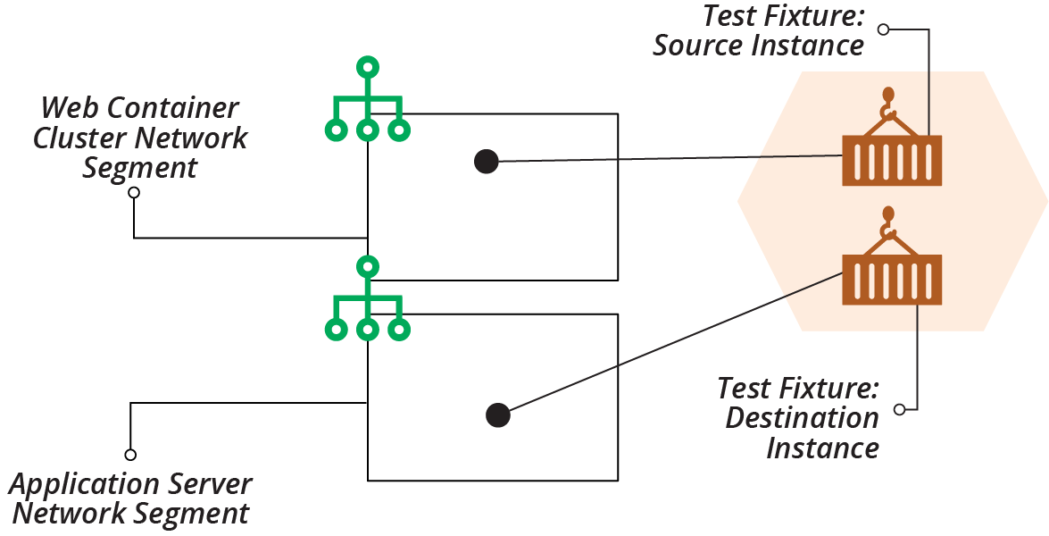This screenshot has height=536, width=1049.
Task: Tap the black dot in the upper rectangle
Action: [486, 161]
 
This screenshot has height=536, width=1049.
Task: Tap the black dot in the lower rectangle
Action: [497, 415]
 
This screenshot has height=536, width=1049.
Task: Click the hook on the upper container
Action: [887, 103]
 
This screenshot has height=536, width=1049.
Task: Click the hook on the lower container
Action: [887, 222]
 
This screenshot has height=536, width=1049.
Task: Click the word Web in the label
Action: [70, 109]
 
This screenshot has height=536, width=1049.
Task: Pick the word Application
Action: [81, 485]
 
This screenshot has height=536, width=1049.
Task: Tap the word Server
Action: [210, 485]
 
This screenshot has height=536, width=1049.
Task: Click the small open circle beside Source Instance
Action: [883, 29]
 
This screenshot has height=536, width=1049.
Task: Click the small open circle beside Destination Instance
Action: [899, 409]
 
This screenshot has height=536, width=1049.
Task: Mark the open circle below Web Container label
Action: [134, 192]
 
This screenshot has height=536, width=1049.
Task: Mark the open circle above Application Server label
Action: [130, 455]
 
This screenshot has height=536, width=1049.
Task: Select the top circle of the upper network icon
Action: [367, 67]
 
